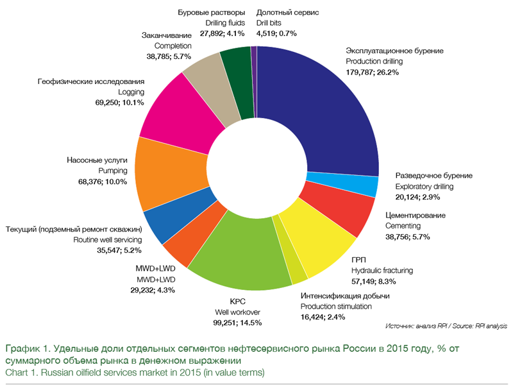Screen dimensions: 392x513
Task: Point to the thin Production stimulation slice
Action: click(x=297, y=273)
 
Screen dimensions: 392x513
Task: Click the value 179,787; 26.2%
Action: click(x=373, y=72)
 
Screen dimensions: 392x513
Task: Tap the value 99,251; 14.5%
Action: click(x=238, y=323)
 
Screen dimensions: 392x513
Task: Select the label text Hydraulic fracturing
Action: click(x=382, y=270)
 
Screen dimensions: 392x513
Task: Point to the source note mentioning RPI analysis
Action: click(x=446, y=326)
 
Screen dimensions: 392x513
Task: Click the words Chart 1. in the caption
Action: click(x=21, y=372)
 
